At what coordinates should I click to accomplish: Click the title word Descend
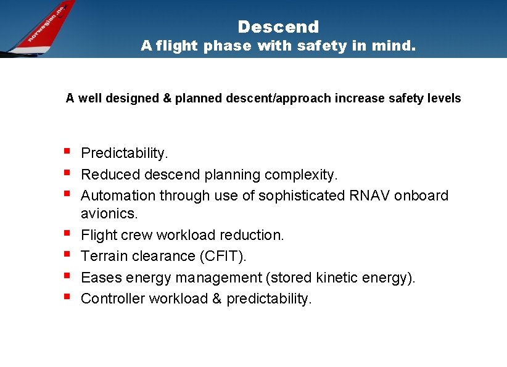(x=278, y=27)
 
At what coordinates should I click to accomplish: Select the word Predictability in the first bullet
(x=123, y=153)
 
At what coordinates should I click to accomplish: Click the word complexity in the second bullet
(x=301, y=175)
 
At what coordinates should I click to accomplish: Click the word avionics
(x=109, y=214)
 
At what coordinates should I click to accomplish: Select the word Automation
(x=118, y=196)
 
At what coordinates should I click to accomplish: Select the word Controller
(x=113, y=299)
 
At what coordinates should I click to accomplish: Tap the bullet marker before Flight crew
(x=67, y=234)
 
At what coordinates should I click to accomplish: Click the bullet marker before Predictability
(x=67, y=151)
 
